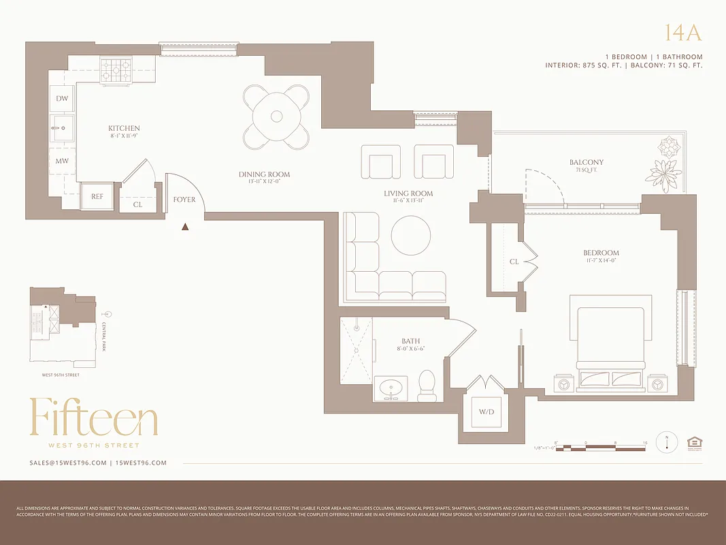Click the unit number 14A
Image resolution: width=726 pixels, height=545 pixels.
pyautogui.click(x=682, y=33)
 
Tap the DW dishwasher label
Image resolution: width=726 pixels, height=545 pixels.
pyautogui.click(x=62, y=99)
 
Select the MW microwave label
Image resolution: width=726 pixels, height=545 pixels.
pyautogui.click(x=62, y=161)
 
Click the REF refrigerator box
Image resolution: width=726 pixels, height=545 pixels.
pyautogui.click(x=97, y=196)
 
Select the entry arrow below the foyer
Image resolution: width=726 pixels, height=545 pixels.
pyautogui.click(x=185, y=227)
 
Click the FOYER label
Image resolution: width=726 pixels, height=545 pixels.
pyautogui.click(x=184, y=200)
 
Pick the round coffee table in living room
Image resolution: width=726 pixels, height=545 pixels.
pyautogui.click(x=411, y=236)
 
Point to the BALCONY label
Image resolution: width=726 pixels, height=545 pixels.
pyautogui.click(x=587, y=162)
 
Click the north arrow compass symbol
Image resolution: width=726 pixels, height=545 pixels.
pyautogui.click(x=667, y=442)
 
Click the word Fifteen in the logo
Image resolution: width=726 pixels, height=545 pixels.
pyautogui.click(x=93, y=418)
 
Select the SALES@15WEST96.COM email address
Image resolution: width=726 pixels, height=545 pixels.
pyautogui.click(x=68, y=463)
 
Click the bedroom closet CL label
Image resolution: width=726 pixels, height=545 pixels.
pyautogui.click(x=514, y=262)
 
